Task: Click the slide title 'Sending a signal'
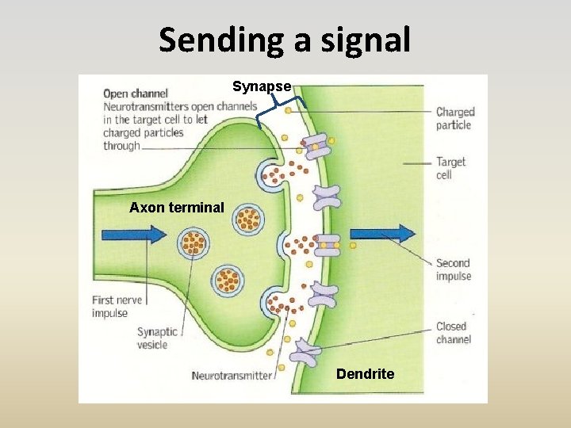tap(285, 40)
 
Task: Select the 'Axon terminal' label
tap(177, 208)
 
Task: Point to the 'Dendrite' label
tap(365, 373)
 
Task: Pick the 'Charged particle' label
tap(454, 119)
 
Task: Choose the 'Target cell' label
tap(450, 168)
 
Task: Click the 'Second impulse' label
tap(453, 269)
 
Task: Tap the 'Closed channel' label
tap(453, 333)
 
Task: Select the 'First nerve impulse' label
tap(116, 307)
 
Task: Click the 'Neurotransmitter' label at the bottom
tap(232, 376)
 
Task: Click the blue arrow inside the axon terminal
tap(134, 234)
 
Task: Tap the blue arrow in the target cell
tap(382, 233)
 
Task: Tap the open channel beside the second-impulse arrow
tap(327, 246)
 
